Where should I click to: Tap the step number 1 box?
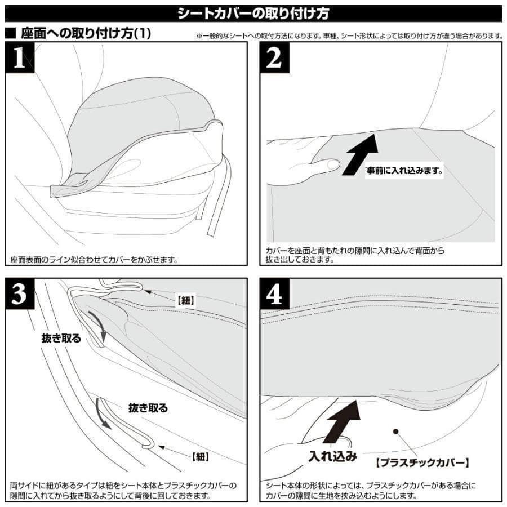19,58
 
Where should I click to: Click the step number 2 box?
274,58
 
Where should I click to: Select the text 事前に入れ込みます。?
405,169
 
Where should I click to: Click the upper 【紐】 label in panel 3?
186,301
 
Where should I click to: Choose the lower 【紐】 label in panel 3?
201,456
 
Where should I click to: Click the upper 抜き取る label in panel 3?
61,339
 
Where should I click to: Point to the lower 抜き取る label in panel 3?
148,408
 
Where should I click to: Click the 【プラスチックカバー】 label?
422,463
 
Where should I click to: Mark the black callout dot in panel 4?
396,432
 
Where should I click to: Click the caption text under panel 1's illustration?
94,260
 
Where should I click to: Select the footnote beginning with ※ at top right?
349,35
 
